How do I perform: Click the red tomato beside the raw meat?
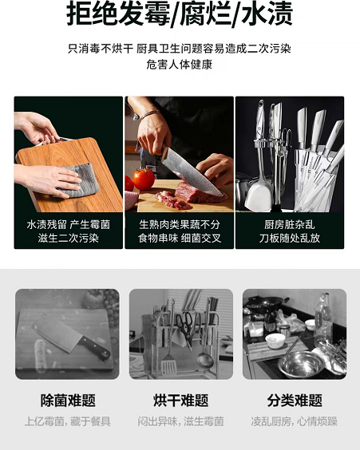[x=144, y=179]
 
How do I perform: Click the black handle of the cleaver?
[x=95, y=348]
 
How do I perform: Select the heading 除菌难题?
[x=68, y=401]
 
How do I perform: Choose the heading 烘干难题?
[x=181, y=401]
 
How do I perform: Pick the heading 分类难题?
[x=295, y=401]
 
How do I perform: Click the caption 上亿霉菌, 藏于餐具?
[x=68, y=421]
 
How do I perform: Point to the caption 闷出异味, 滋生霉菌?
[x=181, y=421]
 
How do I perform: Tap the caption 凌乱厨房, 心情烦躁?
[x=295, y=421]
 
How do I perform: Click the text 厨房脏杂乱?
[x=290, y=224]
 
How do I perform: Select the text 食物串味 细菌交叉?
[x=180, y=239]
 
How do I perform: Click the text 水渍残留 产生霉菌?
[x=69, y=224]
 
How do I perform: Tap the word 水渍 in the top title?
[x=267, y=14]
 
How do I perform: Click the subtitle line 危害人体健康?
[x=180, y=65]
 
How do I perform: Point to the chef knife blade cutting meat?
[x=192, y=172]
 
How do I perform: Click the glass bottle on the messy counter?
[x=323, y=318]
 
